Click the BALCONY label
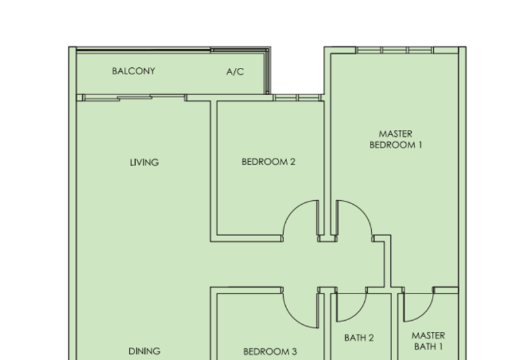133,71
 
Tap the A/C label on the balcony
235,72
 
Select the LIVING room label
144,162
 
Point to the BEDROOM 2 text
268,162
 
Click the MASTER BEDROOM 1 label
395,140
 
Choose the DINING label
144,351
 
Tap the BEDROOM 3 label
269,352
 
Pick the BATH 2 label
359,338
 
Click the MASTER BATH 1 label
428,341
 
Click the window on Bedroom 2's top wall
298,98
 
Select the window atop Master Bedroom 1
395,50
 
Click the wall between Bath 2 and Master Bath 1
398,326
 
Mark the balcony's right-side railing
267,72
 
